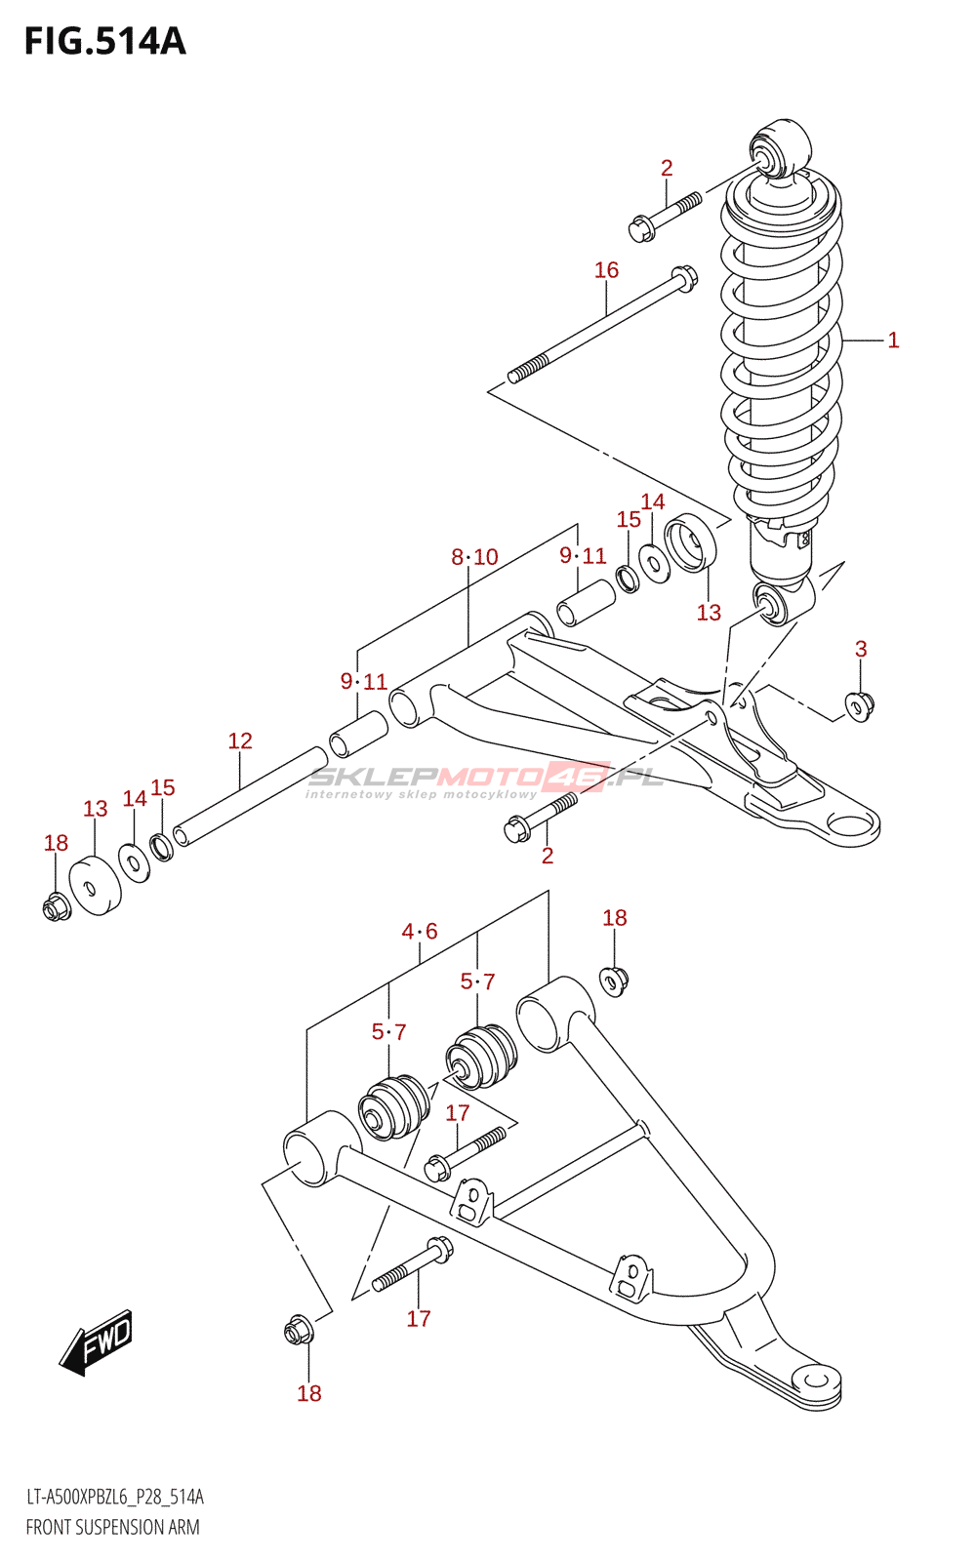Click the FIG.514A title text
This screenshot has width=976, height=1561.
coord(105,42)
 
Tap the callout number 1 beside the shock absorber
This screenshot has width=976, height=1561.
coord(893,340)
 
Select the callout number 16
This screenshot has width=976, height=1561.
coord(606,269)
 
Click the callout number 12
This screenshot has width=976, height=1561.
coord(240,740)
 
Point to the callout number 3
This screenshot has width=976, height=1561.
coord(861,649)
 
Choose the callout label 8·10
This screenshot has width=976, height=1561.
coord(474,557)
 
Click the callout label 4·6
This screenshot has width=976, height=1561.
coord(420,931)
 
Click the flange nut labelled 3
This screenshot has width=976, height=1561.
coord(860,706)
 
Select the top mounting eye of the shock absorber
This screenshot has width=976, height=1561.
coord(780,150)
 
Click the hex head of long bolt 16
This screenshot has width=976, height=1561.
coord(684,278)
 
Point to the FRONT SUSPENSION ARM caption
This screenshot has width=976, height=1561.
coord(113,1528)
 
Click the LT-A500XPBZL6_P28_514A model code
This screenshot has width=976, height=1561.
coord(115,1497)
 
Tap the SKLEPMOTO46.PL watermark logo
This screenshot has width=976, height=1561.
coord(485,781)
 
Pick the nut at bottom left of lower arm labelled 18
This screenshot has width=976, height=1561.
coord(299,1333)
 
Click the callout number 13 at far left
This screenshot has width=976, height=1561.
coord(96,809)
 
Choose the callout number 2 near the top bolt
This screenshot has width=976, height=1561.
coord(667,168)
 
